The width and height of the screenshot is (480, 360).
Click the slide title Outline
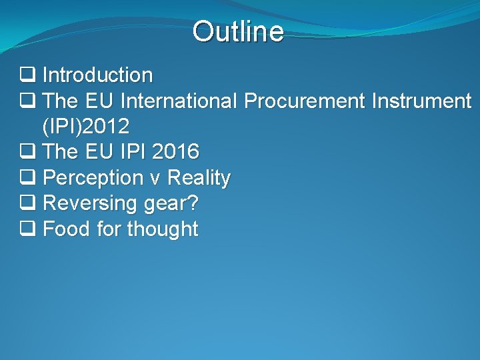tap(238, 31)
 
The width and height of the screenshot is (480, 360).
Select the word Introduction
tap(97, 75)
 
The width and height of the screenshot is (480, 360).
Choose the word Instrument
tap(421, 101)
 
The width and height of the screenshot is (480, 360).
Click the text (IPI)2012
tap(85, 127)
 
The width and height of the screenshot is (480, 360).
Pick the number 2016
tap(175, 152)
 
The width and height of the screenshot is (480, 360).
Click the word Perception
tap(93, 178)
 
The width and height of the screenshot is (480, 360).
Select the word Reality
tap(199, 178)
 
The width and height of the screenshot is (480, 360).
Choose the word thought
tap(163, 229)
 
